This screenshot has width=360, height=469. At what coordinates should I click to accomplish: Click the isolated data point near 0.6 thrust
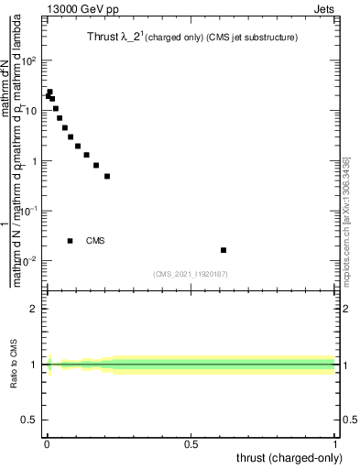[224, 250]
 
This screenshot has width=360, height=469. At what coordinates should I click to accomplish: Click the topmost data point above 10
[50, 92]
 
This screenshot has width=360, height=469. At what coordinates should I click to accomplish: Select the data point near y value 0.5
[107, 176]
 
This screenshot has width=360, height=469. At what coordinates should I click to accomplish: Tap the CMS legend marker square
[71, 241]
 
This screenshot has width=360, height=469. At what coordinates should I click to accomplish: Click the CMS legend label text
[95, 241]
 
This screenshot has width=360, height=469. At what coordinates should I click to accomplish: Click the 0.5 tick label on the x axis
[191, 442]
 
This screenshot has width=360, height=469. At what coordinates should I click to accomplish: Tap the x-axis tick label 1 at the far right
[335, 442]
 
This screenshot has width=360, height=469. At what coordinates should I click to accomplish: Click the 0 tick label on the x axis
[46, 442]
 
